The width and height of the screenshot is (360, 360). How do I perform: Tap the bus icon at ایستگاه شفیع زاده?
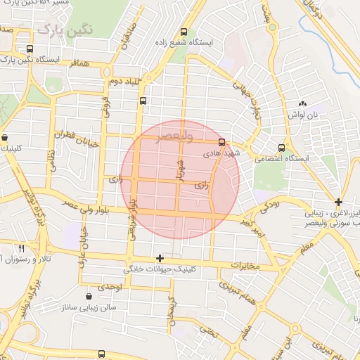(x=184, y=32)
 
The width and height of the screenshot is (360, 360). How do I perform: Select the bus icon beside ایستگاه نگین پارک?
(x=29, y=49)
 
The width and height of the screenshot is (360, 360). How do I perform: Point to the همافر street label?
(x=79, y=64)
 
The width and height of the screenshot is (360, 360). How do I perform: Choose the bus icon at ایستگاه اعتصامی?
(x=281, y=148)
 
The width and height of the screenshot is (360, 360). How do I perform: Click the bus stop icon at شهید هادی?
(x=222, y=141)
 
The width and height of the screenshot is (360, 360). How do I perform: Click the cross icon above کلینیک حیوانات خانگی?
(x=160, y=258)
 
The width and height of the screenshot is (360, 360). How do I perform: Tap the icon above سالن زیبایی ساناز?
(x=88, y=297)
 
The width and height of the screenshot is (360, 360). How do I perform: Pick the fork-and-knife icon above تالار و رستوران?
(x=21, y=248)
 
